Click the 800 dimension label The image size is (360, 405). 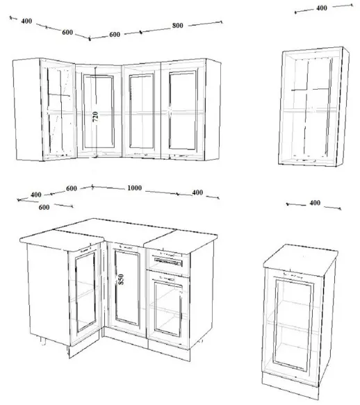coord(177,26)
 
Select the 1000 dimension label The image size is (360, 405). coord(134,188)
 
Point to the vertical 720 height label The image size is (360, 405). coord(95,117)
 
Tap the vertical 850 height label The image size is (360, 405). coord(121,279)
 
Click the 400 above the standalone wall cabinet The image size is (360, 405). coord(322,8)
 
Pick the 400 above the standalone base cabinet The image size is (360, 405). coord(315,203)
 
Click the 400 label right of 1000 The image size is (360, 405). coord(197,192)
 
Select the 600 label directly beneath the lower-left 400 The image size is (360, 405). coord(44,207)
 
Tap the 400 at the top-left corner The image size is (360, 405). coord(26,21)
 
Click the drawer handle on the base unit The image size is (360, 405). coord(168,261)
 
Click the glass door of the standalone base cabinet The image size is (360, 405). coord(293,324)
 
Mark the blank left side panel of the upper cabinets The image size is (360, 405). coord(28,110)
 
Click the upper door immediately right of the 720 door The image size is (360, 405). coord(141,112)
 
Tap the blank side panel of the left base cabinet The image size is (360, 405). coord(49,295)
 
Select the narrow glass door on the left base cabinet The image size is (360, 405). coord(85,292)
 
